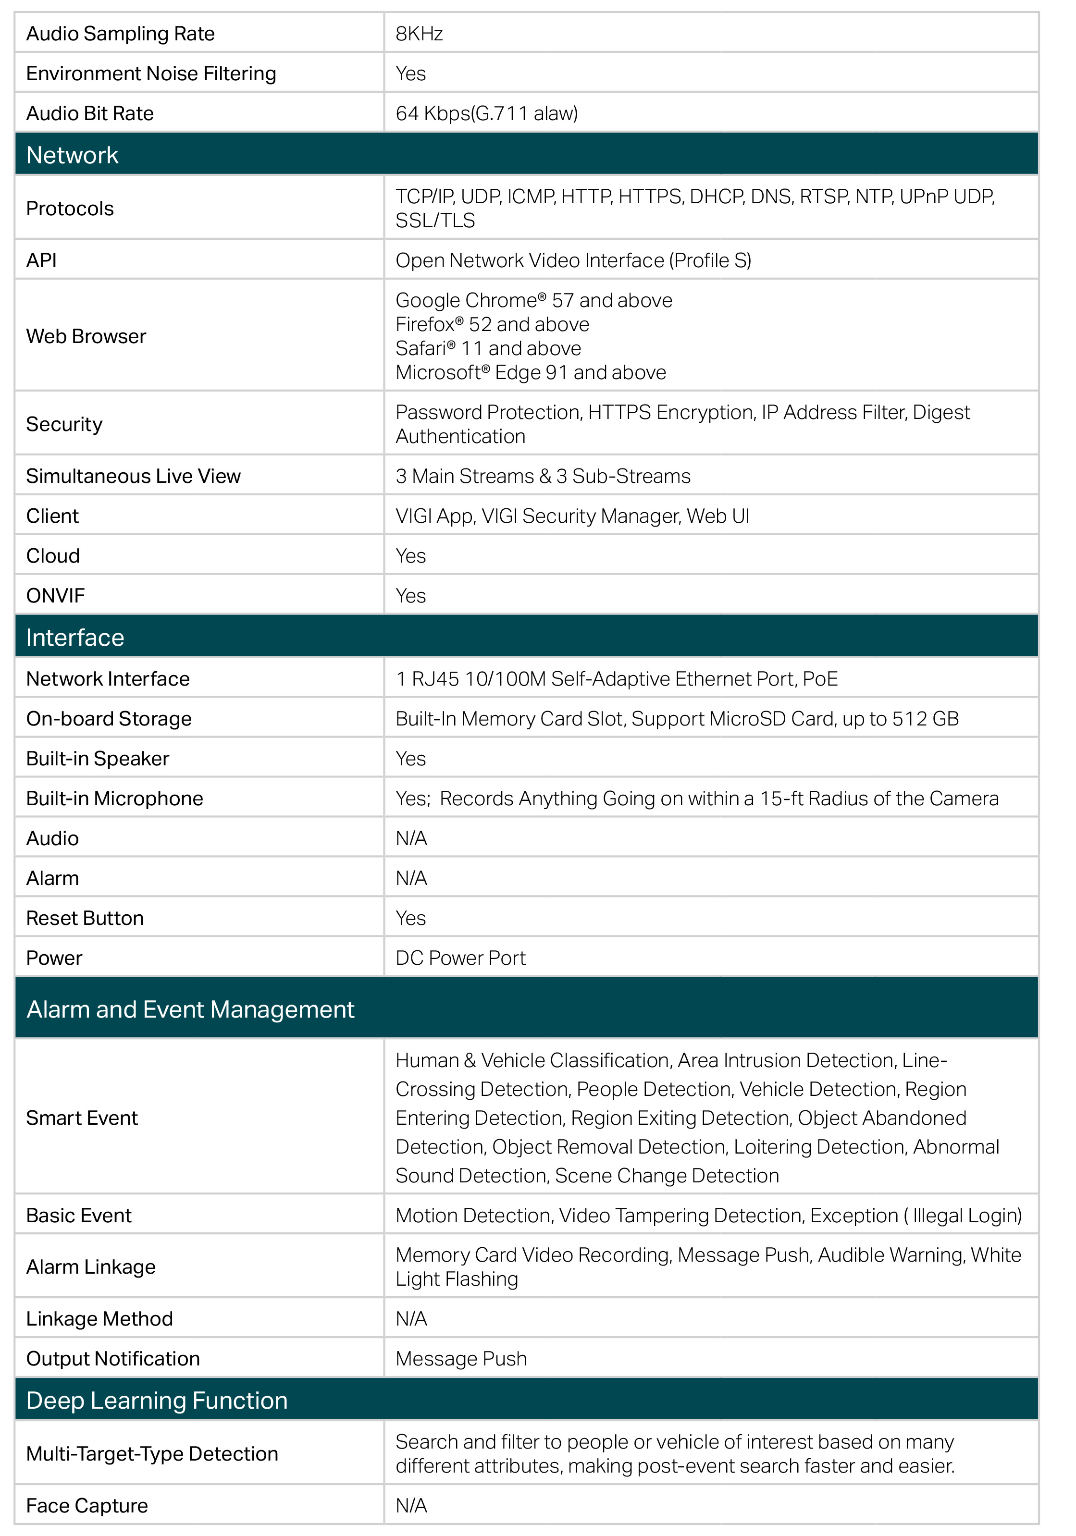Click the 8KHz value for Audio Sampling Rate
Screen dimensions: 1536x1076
click(x=419, y=34)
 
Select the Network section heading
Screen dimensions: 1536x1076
click(x=72, y=155)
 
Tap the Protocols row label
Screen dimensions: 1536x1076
click(x=70, y=209)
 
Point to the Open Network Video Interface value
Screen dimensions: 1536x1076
click(x=573, y=260)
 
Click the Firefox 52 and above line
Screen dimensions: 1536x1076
click(x=492, y=324)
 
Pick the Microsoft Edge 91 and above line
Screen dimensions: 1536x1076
click(x=530, y=373)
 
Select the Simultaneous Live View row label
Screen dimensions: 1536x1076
click(x=133, y=476)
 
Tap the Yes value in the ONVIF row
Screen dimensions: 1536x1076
click(x=410, y=595)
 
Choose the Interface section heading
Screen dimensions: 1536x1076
click(x=75, y=638)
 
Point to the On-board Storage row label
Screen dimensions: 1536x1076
click(x=109, y=718)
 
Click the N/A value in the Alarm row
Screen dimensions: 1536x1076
click(x=411, y=878)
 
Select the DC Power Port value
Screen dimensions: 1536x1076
click(x=460, y=958)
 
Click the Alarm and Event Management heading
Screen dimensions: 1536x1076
click(x=190, y=1009)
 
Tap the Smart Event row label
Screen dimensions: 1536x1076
click(x=82, y=1118)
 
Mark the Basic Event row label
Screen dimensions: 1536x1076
click(x=79, y=1216)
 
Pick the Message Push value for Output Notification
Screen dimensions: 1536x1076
click(x=461, y=1359)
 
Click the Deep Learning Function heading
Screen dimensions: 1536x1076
click(x=157, y=1400)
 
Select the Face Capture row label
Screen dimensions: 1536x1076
click(x=87, y=1505)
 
